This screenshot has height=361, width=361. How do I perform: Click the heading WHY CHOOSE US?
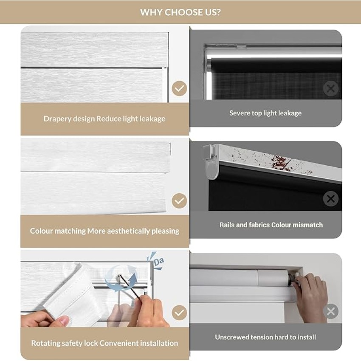tap(180, 12)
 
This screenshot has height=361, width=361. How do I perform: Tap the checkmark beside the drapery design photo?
tap(179, 88)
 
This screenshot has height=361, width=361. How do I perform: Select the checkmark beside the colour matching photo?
tap(179, 201)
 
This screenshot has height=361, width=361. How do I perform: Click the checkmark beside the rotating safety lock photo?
tap(179, 313)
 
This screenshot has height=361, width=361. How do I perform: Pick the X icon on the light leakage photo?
tap(331, 88)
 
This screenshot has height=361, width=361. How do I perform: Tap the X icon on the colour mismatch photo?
tap(331, 198)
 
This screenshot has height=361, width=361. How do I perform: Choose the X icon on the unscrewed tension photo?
tap(331, 311)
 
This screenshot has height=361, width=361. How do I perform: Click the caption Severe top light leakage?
tap(265, 113)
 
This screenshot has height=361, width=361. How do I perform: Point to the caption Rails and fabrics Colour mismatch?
tap(271, 225)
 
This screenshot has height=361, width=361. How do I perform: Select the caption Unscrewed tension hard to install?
tap(265, 337)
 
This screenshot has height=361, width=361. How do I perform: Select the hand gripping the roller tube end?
tap(311, 297)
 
